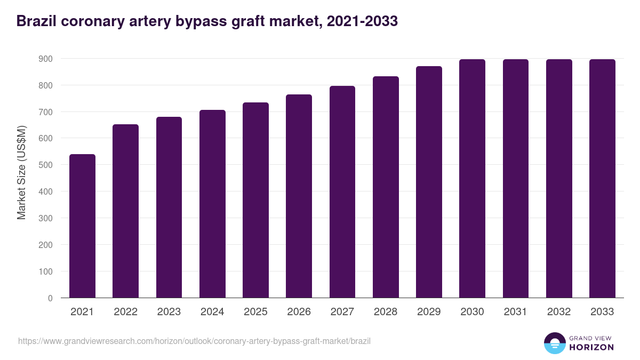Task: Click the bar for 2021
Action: point(82,226)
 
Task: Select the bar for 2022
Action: point(125,211)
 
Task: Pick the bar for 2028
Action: point(386,187)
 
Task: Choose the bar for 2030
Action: point(472,179)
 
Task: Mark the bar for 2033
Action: point(602,179)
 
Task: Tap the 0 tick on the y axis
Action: point(50,298)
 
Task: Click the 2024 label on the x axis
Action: point(212,312)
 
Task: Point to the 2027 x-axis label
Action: point(342,312)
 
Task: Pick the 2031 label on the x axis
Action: point(515,312)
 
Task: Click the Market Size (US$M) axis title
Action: point(21,173)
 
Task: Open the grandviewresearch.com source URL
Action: point(194,341)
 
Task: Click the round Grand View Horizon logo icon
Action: point(554,343)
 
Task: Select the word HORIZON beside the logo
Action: point(591,347)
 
